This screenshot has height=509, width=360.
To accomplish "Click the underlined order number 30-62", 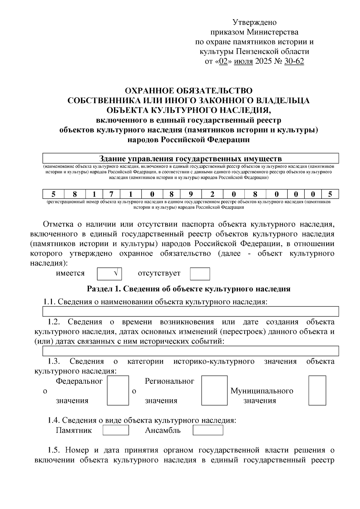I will tap(294, 61).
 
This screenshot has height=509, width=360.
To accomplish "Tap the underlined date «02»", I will tap(223, 61).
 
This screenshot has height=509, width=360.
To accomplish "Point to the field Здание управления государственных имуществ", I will tap(190, 158).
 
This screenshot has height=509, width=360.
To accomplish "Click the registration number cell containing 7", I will tap(110, 194).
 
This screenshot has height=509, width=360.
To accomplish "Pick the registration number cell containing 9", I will tap(191, 194).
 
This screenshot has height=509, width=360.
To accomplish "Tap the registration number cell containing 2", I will tap(212, 194).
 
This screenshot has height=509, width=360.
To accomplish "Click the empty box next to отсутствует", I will tap(200, 274).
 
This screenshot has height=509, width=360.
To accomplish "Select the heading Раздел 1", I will tap(188, 289).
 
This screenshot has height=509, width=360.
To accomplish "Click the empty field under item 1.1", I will tap(190, 311).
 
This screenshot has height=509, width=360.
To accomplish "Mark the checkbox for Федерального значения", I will tap(118, 390).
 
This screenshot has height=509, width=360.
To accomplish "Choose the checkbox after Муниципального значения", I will tap(317, 390).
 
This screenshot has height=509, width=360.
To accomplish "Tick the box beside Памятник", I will tap(116, 430).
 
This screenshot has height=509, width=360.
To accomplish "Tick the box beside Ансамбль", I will tap(208, 430).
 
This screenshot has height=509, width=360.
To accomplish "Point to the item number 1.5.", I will tap(54, 450).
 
